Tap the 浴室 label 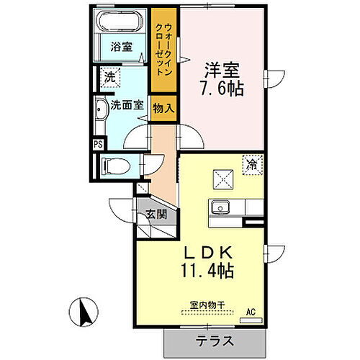pyautogui.click(x=121, y=48)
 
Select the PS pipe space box pyautogui.click(x=98, y=143)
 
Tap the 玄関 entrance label pyautogui.click(x=156, y=214)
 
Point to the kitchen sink pyautogui.click(x=218, y=207)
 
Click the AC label pyautogui.click(x=251, y=312)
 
